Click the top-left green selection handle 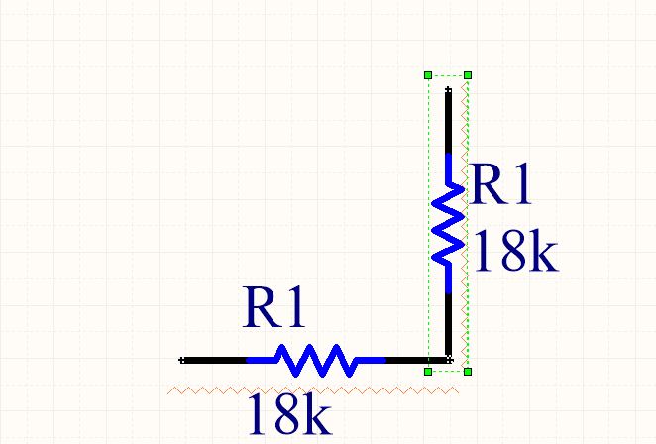pos(428,75)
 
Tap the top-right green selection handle pos(468,75)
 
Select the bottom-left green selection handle pos(428,372)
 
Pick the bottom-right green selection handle pos(468,372)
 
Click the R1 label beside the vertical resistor pos(499,183)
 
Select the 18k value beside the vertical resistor pos(515,251)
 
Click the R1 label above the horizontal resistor pos(274,307)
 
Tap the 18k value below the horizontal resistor pos(289,413)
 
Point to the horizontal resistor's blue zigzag pos(316,361)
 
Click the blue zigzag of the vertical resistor pos(449,223)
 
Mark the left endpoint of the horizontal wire pos(181,361)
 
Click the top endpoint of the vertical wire pos(449,89)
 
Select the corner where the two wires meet pos(449,360)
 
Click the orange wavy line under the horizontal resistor pos(313,390)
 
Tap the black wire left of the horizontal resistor pos(214,361)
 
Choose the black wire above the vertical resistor pos(449,122)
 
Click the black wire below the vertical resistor pos(449,326)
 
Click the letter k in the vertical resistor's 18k pos(544,251)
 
